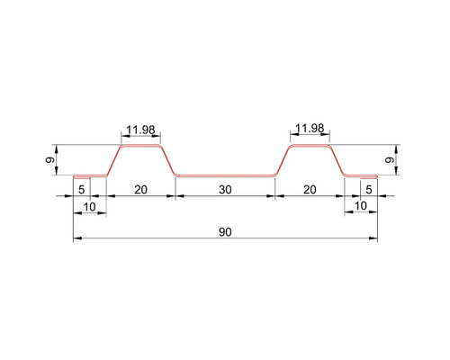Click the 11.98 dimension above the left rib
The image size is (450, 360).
pos(139,129)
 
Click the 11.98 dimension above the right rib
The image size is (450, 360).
pos(309,129)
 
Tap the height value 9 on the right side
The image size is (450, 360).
pos(389,160)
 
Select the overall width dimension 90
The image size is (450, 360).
pos(224,231)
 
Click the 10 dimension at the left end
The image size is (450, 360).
pos(90,207)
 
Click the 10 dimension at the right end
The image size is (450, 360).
pos(360,207)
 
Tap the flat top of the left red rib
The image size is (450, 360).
pos(139,145)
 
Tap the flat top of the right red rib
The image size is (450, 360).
pos(309,145)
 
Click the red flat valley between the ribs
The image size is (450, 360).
pos(224,175)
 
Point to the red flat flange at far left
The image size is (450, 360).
pos(89,175)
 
